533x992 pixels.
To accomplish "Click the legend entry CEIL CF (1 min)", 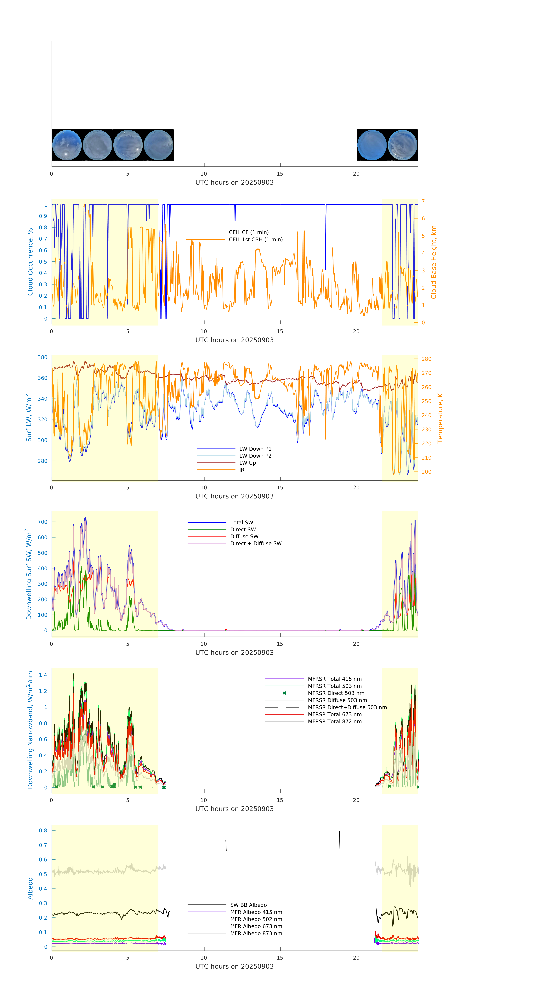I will click(249, 232).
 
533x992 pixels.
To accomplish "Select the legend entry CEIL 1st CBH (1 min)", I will click(256, 239).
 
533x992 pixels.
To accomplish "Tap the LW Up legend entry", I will click(247, 463).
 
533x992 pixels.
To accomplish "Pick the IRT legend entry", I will click(243, 470).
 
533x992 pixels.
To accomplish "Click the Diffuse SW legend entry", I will click(244, 536).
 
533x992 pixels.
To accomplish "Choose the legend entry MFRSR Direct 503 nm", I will click(336, 693).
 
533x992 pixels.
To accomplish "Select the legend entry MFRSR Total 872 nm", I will click(335, 722).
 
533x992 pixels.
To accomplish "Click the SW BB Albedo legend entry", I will click(249, 905).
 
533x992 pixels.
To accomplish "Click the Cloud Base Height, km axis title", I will click(434, 262).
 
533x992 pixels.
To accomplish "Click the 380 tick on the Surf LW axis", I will click(42, 357).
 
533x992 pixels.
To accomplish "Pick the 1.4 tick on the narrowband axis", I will click(43, 675).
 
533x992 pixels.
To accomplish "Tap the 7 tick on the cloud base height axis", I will click(423, 201).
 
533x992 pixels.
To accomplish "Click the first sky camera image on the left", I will click(67, 145).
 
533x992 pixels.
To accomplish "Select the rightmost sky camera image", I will click(402, 145).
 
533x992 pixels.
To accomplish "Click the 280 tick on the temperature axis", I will click(426, 359).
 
